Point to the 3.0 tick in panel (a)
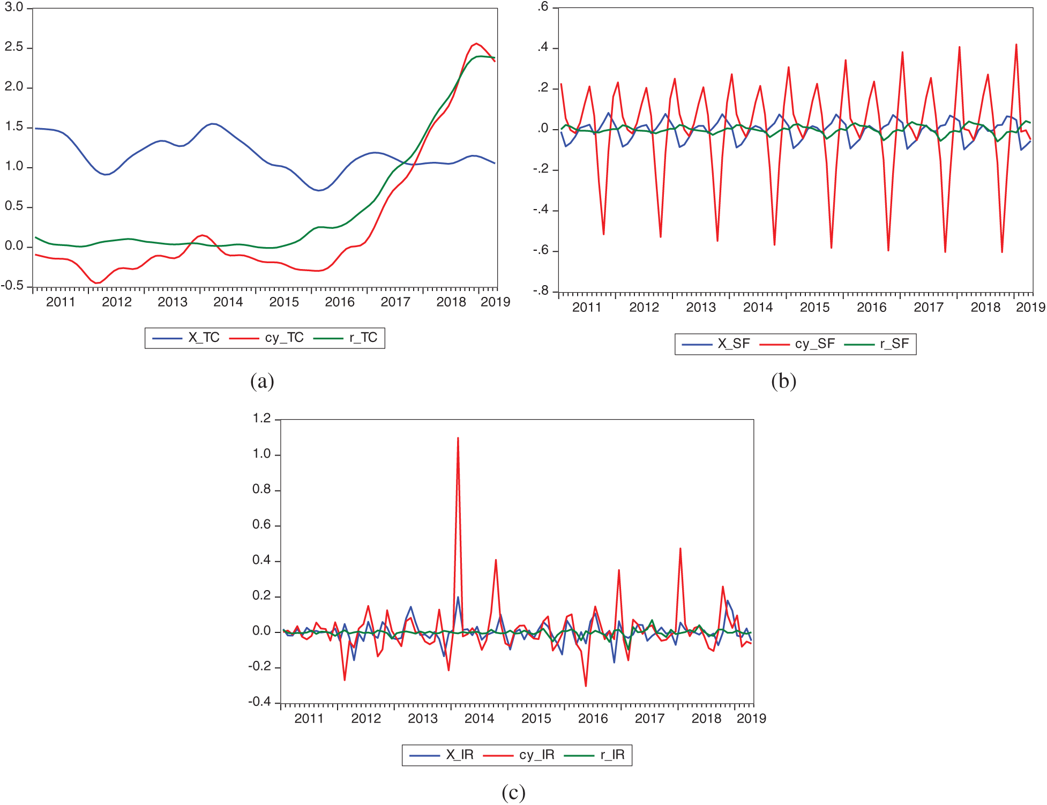[x=14, y=8]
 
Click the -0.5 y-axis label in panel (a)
[x=13, y=286]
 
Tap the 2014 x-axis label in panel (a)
[x=228, y=302]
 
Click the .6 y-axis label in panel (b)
[x=543, y=6]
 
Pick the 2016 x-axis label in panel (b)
[x=872, y=308]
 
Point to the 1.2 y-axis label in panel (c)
[x=261, y=419]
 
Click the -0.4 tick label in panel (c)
[x=260, y=702]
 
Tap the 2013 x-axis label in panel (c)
[x=423, y=719]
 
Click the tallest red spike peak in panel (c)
[x=458, y=438]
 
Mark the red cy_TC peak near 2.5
[x=476, y=44]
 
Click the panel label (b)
[x=783, y=381]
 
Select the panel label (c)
[x=513, y=792]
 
